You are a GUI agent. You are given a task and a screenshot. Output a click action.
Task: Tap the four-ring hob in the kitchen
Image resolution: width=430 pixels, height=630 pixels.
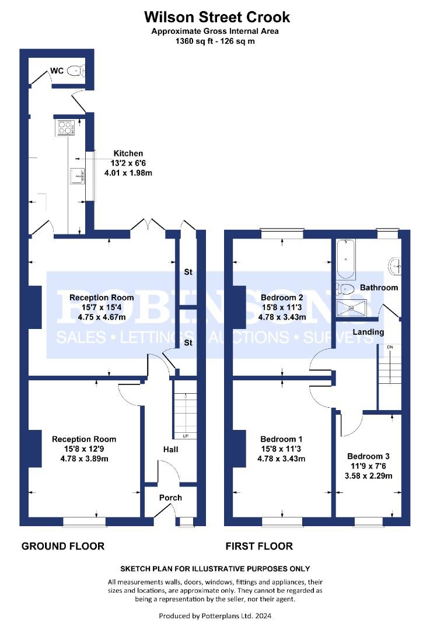point(65,128)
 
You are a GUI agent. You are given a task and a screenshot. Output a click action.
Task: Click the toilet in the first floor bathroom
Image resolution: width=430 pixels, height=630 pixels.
point(345,289)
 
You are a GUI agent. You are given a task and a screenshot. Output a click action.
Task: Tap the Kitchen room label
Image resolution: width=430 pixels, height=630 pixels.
point(128,153)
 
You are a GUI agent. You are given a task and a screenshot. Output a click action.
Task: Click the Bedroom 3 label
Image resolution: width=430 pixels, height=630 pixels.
point(368,456)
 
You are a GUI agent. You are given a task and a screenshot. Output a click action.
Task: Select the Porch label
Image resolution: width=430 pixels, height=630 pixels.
point(170,498)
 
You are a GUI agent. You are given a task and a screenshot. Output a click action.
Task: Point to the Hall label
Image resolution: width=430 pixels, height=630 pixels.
point(171,449)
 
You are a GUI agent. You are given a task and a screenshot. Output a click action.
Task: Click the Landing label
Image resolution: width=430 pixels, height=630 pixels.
point(368,332)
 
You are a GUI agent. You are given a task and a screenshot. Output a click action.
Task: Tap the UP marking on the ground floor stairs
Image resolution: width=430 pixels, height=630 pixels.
point(186,436)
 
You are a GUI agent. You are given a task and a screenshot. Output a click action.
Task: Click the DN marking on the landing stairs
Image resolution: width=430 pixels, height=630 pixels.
point(390,346)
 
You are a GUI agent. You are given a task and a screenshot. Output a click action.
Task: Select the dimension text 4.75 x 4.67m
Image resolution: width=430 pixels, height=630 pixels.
point(102,317)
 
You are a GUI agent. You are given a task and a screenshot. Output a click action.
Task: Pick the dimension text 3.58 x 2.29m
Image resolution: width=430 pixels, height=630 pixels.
point(369,476)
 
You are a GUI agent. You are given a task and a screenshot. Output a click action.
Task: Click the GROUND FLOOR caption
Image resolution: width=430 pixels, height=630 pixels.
point(63,546)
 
